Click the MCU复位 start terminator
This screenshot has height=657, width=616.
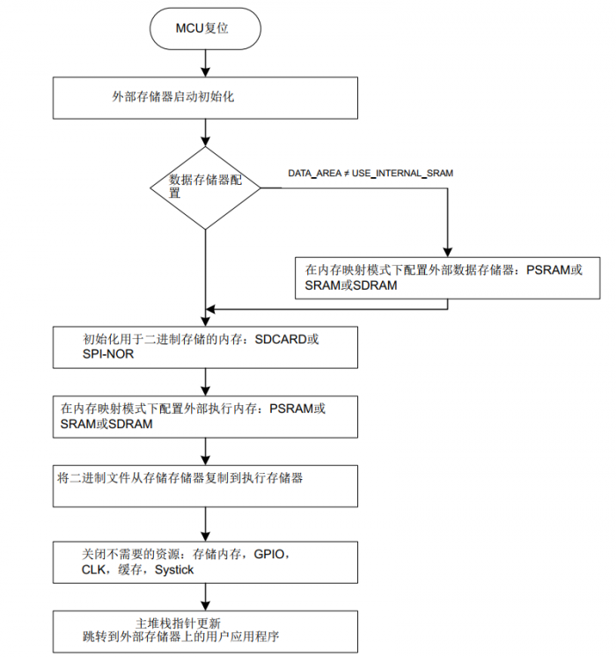[x=205, y=28]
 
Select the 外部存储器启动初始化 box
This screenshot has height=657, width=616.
[x=205, y=98]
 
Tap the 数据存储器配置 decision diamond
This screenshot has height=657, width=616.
[x=205, y=188]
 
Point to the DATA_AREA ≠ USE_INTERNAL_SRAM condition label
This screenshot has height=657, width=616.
[x=370, y=173]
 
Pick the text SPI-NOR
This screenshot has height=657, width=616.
[x=108, y=354]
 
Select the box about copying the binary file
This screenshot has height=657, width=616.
[x=205, y=486]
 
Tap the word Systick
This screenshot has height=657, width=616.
[x=174, y=570]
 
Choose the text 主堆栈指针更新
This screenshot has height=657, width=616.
[x=178, y=623]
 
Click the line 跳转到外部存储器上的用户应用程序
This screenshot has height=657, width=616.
[x=181, y=637]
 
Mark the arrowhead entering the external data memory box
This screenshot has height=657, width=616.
[x=448, y=252]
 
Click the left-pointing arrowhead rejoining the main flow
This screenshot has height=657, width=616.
[x=210, y=310]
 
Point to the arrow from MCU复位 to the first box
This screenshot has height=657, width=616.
[x=205, y=63]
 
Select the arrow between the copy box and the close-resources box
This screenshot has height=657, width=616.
[x=205, y=524]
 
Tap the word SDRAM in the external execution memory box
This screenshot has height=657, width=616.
[x=130, y=424]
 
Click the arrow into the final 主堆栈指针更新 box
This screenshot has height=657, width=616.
[x=205, y=597]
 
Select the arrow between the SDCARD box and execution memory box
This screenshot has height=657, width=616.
[x=205, y=382]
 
